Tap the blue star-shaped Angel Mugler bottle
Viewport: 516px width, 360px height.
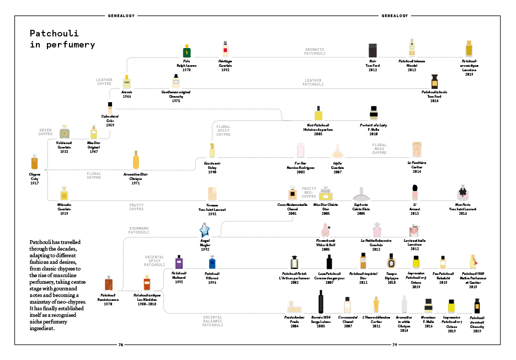[205, 229]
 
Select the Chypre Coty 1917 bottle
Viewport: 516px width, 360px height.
[35, 163]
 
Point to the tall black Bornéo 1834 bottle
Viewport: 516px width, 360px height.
[321, 302]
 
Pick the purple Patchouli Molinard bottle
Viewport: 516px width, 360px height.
[179, 262]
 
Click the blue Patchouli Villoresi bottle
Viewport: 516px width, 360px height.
[212, 263]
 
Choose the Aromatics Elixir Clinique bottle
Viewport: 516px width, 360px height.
[136, 161]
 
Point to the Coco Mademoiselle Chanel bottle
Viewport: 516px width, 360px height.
[291, 194]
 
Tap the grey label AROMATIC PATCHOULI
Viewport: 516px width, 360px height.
[315, 51]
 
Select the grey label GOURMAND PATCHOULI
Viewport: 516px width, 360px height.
[140, 230]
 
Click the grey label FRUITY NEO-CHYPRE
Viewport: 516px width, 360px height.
[308, 193]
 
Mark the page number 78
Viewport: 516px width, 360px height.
[121, 345]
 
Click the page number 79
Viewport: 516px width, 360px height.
[395, 345]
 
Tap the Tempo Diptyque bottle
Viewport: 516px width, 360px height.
[391, 262]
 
